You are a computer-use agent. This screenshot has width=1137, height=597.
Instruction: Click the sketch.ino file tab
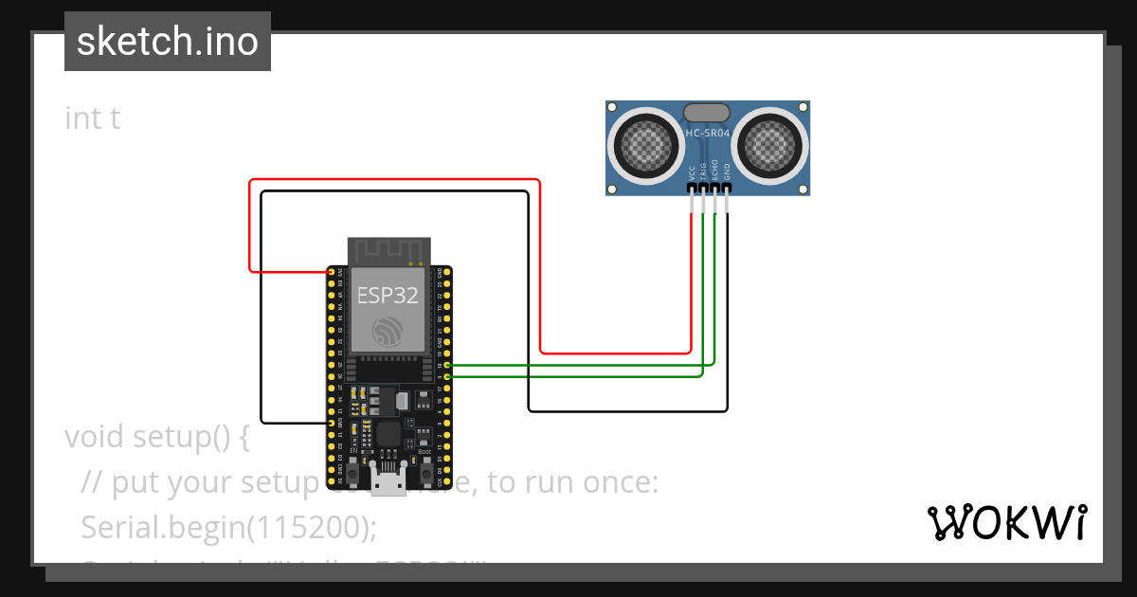(167, 42)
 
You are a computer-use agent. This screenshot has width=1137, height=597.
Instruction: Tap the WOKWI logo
(1005, 522)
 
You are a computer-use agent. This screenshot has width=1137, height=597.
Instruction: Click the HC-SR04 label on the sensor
(708, 134)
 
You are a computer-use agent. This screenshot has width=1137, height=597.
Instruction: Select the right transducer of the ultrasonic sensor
(772, 145)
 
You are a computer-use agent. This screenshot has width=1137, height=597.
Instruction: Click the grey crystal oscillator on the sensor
(707, 113)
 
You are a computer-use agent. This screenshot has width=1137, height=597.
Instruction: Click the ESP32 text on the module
(388, 295)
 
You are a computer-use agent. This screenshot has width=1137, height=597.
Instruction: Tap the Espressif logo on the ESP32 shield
(388, 332)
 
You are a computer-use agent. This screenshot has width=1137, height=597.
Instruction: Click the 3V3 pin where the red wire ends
(332, 272)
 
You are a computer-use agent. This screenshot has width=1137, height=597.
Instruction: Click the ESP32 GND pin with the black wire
(332, 423)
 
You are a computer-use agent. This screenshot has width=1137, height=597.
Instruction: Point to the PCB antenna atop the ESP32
(388, 251)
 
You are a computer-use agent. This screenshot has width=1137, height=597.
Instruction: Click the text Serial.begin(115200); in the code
(229, 527)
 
